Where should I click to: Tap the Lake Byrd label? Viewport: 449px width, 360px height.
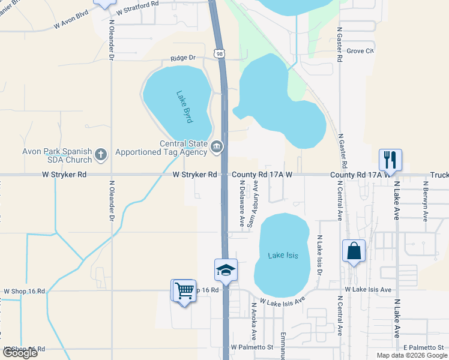click(184, 106)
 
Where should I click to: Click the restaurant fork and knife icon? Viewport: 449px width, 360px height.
click(390, 160)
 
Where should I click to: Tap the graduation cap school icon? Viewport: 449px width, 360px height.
click(226, 269)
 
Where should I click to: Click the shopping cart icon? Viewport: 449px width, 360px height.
click(184, 290)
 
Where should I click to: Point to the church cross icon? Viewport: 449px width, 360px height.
click(100, 155)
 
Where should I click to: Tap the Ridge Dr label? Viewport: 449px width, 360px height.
click(183, 58)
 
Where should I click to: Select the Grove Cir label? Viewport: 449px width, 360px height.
click(360, 51)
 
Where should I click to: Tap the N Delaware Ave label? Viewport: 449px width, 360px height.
click(243, 204)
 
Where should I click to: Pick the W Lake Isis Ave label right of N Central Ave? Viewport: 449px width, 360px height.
click(368, 290)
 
